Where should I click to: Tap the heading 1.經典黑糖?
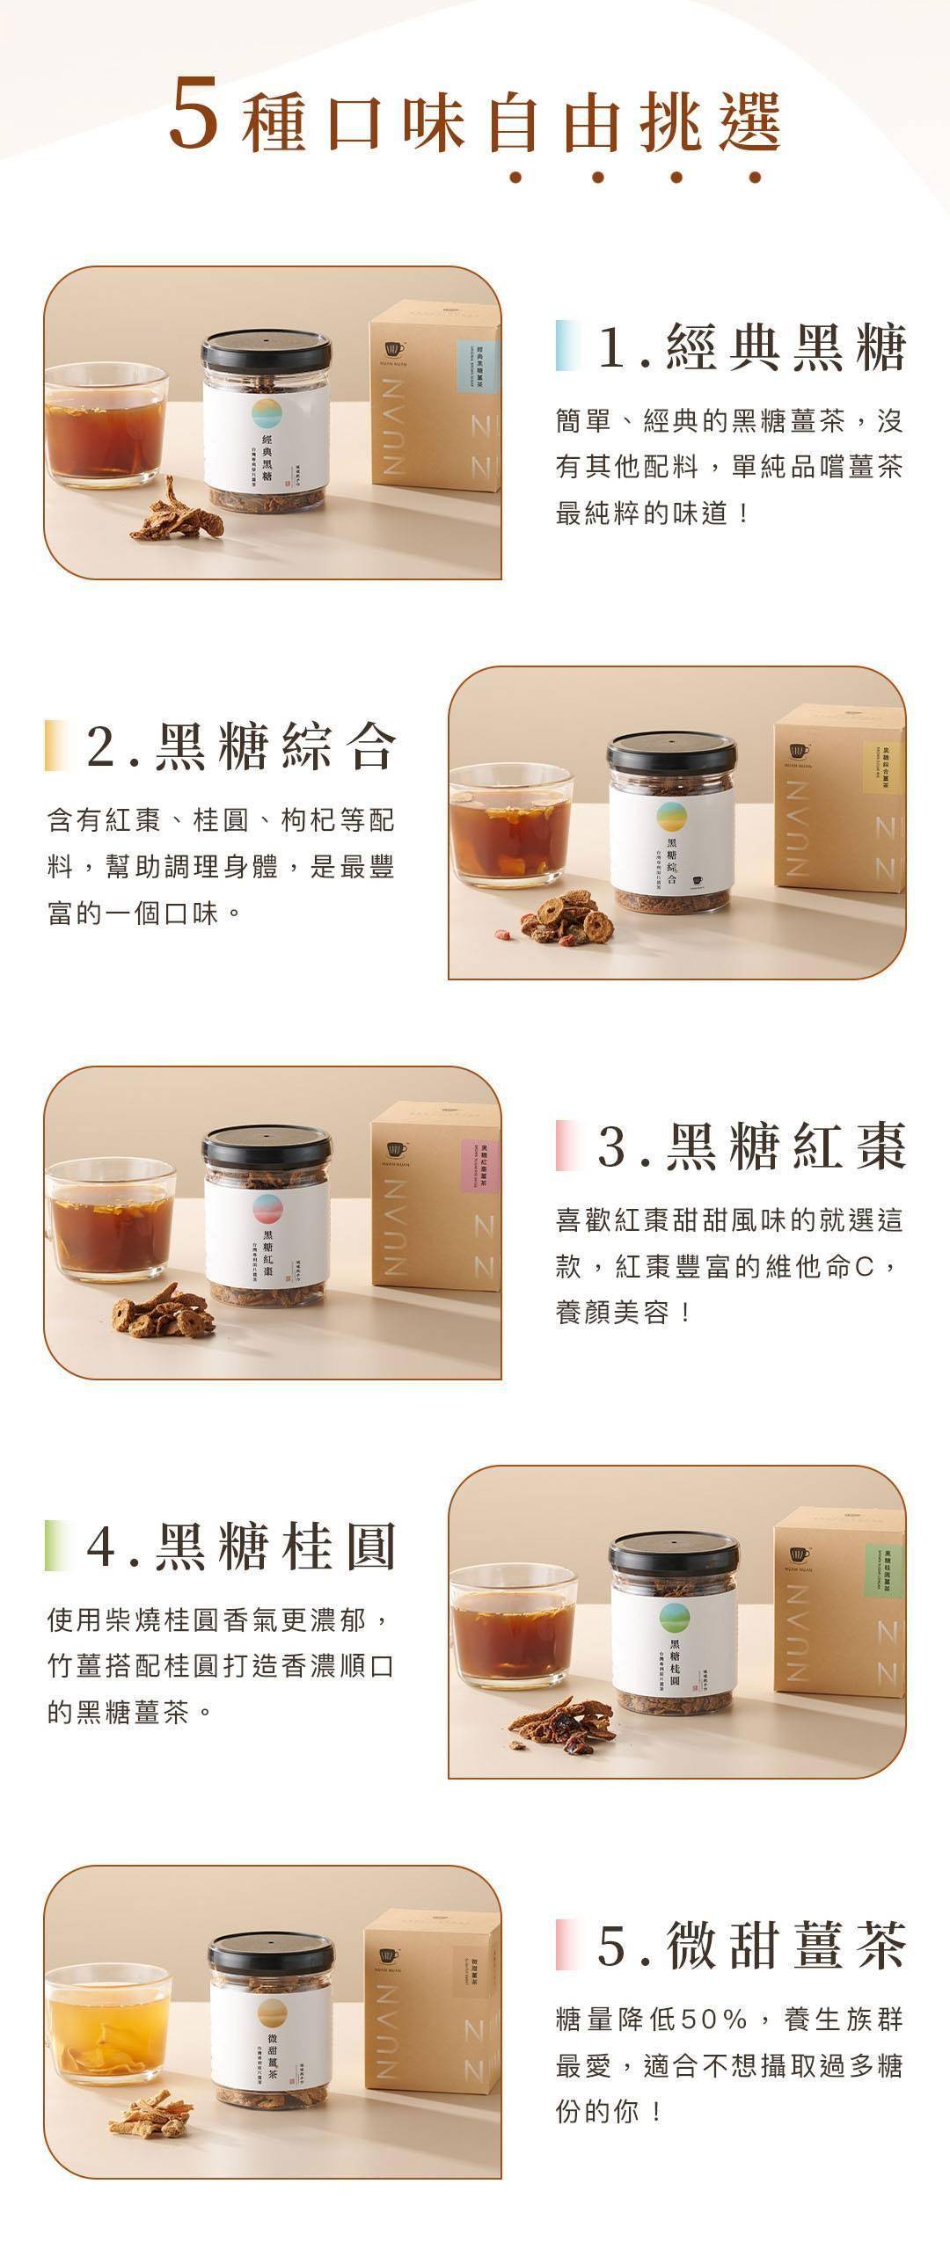752,346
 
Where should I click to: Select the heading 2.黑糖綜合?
242,746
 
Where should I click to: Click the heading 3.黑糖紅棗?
752,1146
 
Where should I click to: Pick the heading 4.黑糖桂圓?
242,1547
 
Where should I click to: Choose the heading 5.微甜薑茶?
752,1947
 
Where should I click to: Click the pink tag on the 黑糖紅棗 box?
479,1166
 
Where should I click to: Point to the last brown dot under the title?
755,177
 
